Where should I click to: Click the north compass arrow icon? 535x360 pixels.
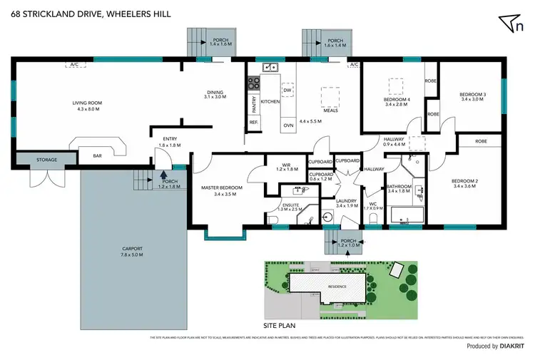(509, 23)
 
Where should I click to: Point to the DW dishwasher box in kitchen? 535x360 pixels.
(287, 91)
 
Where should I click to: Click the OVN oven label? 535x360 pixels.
(288, 125)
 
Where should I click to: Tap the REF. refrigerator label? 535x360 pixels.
(253, 123)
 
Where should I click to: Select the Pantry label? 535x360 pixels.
(253, 105)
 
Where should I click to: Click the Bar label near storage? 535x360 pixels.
(98, 155)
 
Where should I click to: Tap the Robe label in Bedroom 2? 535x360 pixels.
(481, 141)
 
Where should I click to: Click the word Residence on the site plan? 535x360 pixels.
(337, 287)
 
